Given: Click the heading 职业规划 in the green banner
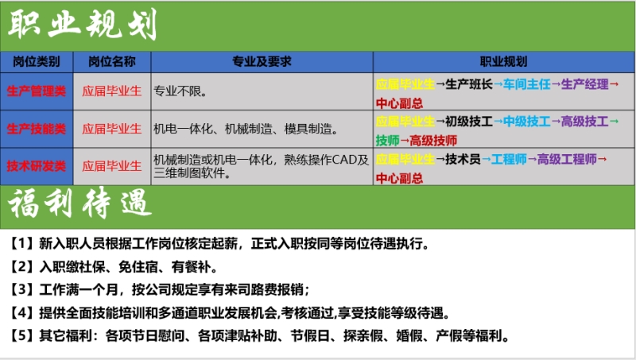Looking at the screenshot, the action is (83, 25).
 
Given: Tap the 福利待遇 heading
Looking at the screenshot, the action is (80, 203).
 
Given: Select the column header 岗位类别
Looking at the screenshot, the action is (37, 62).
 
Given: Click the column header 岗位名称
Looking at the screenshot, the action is (112, 62).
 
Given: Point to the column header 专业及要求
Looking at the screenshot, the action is (262, 62).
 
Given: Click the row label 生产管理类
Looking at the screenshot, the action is (37, 91).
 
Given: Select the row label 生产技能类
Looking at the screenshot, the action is (37, 129).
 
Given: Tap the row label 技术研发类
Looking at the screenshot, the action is (37, 166).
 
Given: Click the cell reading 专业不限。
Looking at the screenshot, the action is (180, 91).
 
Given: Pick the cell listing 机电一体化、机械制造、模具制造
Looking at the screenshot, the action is (246, 129).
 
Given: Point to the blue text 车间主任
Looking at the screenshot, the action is (527, 84).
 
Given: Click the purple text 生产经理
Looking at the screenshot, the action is (585, 84).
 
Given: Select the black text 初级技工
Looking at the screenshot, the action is (469, 122).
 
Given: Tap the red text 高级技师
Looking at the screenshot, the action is (433, 141).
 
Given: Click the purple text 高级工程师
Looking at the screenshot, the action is (567, 159).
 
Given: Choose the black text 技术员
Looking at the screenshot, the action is (463, 159).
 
